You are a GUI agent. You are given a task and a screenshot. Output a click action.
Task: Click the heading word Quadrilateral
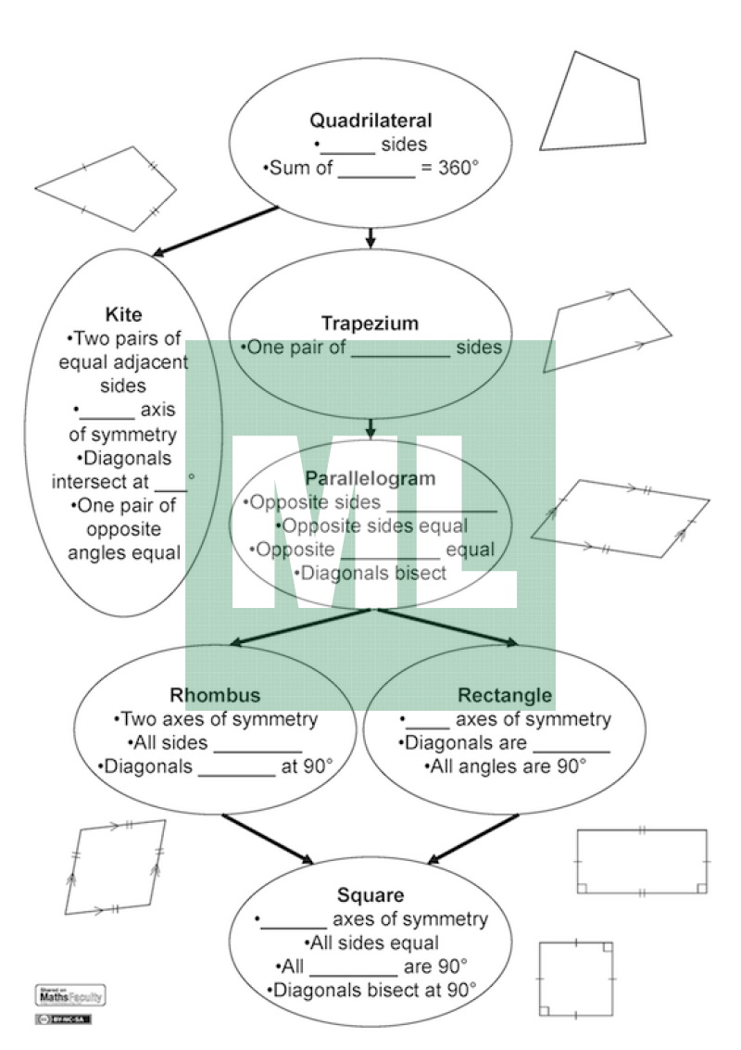coord(370,120)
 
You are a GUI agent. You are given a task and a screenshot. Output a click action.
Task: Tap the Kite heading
coord(124,315)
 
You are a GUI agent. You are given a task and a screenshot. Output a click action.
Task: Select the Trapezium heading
coord(370,323)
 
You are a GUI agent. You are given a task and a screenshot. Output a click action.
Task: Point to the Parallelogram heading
coord(370,478)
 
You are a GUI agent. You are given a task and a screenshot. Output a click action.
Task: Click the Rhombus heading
coord(215,695)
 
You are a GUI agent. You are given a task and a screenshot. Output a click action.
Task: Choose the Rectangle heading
coord(505,695)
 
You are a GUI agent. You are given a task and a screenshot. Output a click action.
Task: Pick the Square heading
coord(370,895)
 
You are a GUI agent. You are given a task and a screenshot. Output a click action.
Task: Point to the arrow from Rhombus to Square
coord(269,838)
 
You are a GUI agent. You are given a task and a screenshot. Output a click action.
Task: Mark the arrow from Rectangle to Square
coord(473,838)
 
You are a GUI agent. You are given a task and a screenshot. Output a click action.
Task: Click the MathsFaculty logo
coord(69,996)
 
